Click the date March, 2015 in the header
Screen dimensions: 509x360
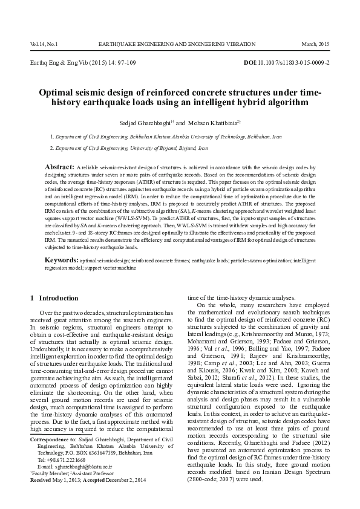(315, 45)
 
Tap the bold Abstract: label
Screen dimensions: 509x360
(60, 166)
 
